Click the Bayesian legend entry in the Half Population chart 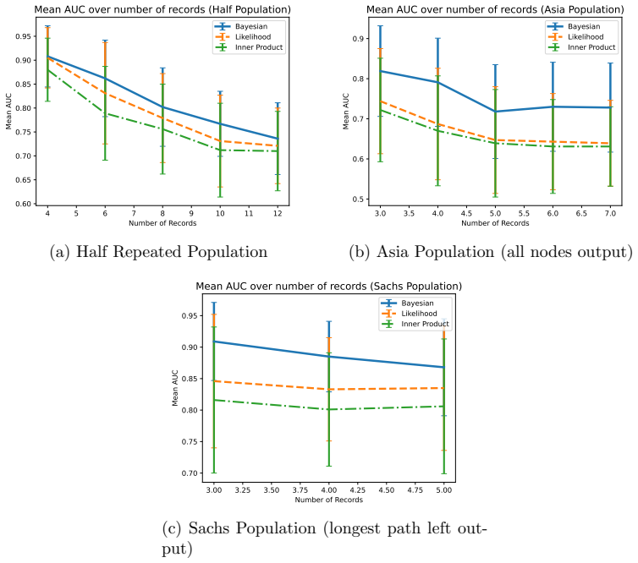click(x=241, y=26)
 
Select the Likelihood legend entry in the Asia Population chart click(x=575, y=37)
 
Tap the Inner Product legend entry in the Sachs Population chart click(x=415, y=324)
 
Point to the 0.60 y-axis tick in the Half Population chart click(x=24, y=204)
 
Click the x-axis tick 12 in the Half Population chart click(x=278, y=213)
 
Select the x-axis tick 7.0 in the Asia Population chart click(x=610, y=213)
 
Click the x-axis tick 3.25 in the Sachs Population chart click(x=243, y=490)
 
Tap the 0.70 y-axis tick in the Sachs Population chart click(x=190, y=473)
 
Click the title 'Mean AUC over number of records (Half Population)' click(x=162, y=10)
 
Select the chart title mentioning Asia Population click(x=495, y=10)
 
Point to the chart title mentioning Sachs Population click(x=329, y=287)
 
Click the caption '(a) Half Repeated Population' click(x=159, y=252)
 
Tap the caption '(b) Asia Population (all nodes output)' click(x=491, y=252)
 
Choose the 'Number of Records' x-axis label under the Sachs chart click(x=329, y=500)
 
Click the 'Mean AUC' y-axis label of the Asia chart click(x=346, y=112)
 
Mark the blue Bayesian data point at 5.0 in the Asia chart click(x=495, y=112)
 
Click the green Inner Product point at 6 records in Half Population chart click(x=105, y=113)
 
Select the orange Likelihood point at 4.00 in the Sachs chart click(x=329, y=390)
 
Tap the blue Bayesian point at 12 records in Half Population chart click(x=278, y=139)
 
